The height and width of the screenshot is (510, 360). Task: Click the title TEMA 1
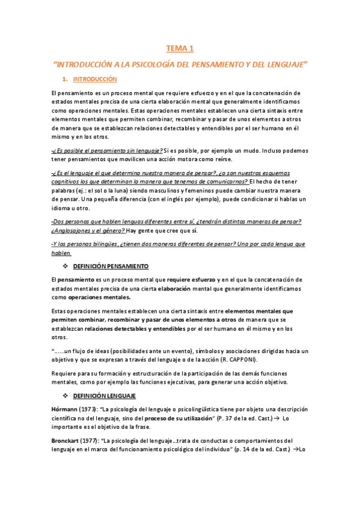[180, 48]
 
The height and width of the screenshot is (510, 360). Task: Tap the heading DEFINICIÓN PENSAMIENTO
[111, 266]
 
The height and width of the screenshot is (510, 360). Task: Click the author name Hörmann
[65, 409]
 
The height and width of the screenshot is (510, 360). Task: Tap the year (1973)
[90, 409]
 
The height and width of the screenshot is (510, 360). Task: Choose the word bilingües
[115, 244]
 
